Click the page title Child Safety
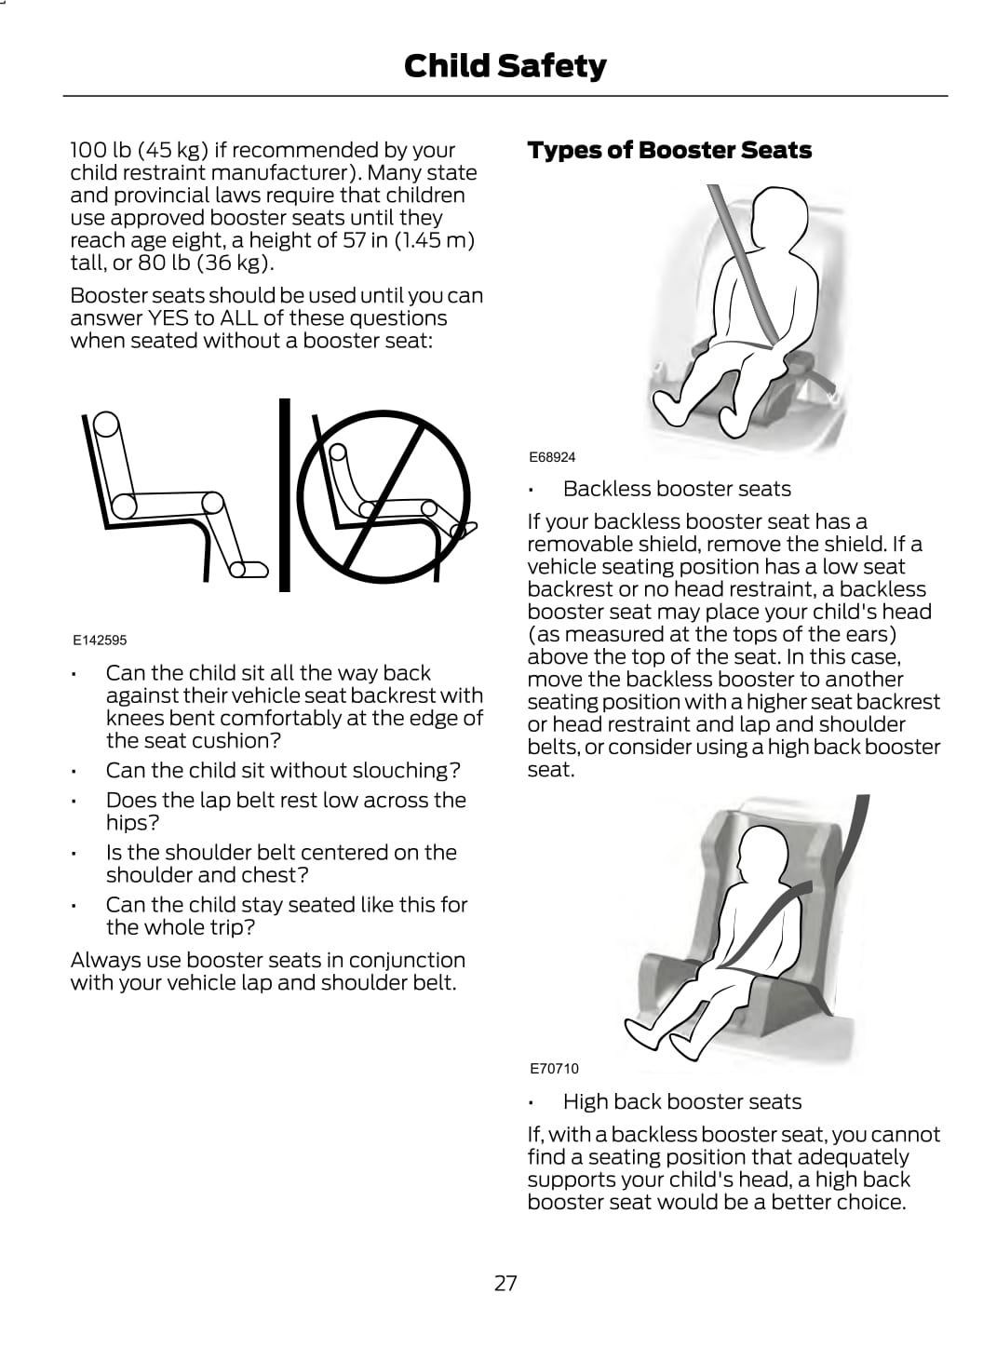pyautogui.click(x=505, y=66)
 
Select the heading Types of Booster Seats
pyautogui.click(x=669, y=150)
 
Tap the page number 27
pyautogui.click(x=505, y=1283)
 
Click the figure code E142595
pyautogui.click(x=100, y=641)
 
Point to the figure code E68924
pyautogui.click(x=552, y=457)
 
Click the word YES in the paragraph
pyautogui.click(x=168, y=318)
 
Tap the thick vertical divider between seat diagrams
pyautogui.click(x=284, y=494)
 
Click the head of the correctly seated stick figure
pyautogui.click(x=105, y=424)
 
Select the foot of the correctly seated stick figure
pyautogui.click(x=249, y=569)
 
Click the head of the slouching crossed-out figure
pyautogui.click(x=339, y=452)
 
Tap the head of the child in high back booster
pyautogui.click(x=762, y=854)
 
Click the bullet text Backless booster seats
pyautogui.click(x=677, y=489)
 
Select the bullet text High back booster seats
pyautogui.click(x=682, y=1101)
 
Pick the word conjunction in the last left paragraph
pyautogui.click(x=407, y=960)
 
